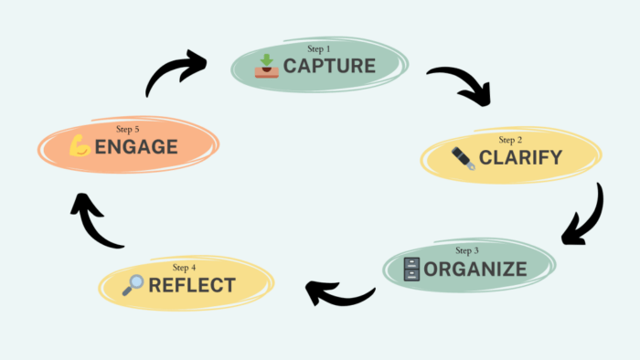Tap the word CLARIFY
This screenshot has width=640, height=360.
[520, 158]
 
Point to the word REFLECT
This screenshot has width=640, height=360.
[191, 285]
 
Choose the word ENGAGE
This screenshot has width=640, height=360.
[134, 146]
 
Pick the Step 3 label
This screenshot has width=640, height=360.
[466, 249]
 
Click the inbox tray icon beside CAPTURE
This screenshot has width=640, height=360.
[266, 66]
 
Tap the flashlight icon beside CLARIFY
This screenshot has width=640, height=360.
[463, 158]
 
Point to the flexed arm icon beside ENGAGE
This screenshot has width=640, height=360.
[80, 146]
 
